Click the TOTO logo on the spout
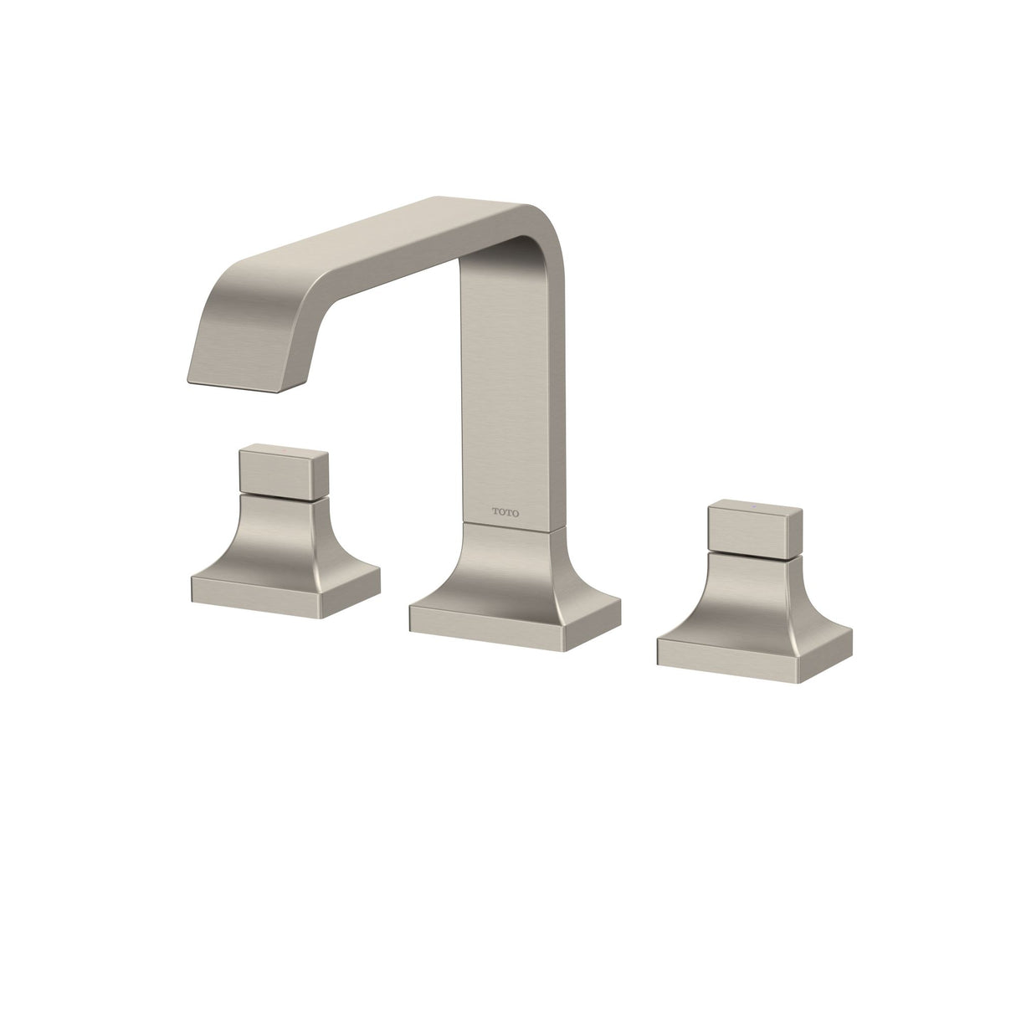click(505, 508)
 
